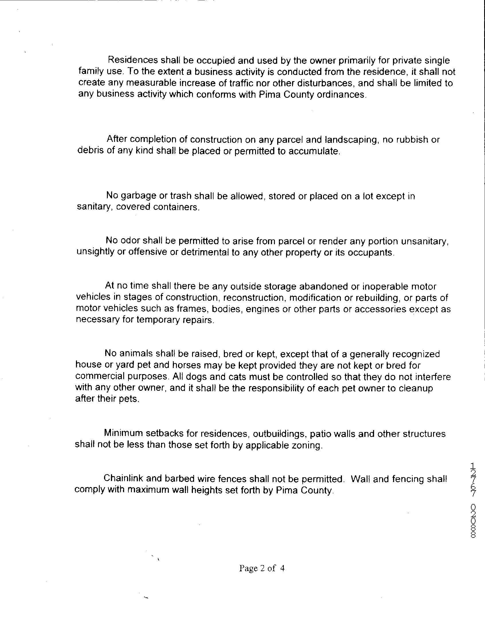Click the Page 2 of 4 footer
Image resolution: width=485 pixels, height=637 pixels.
[x=262, y=568]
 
